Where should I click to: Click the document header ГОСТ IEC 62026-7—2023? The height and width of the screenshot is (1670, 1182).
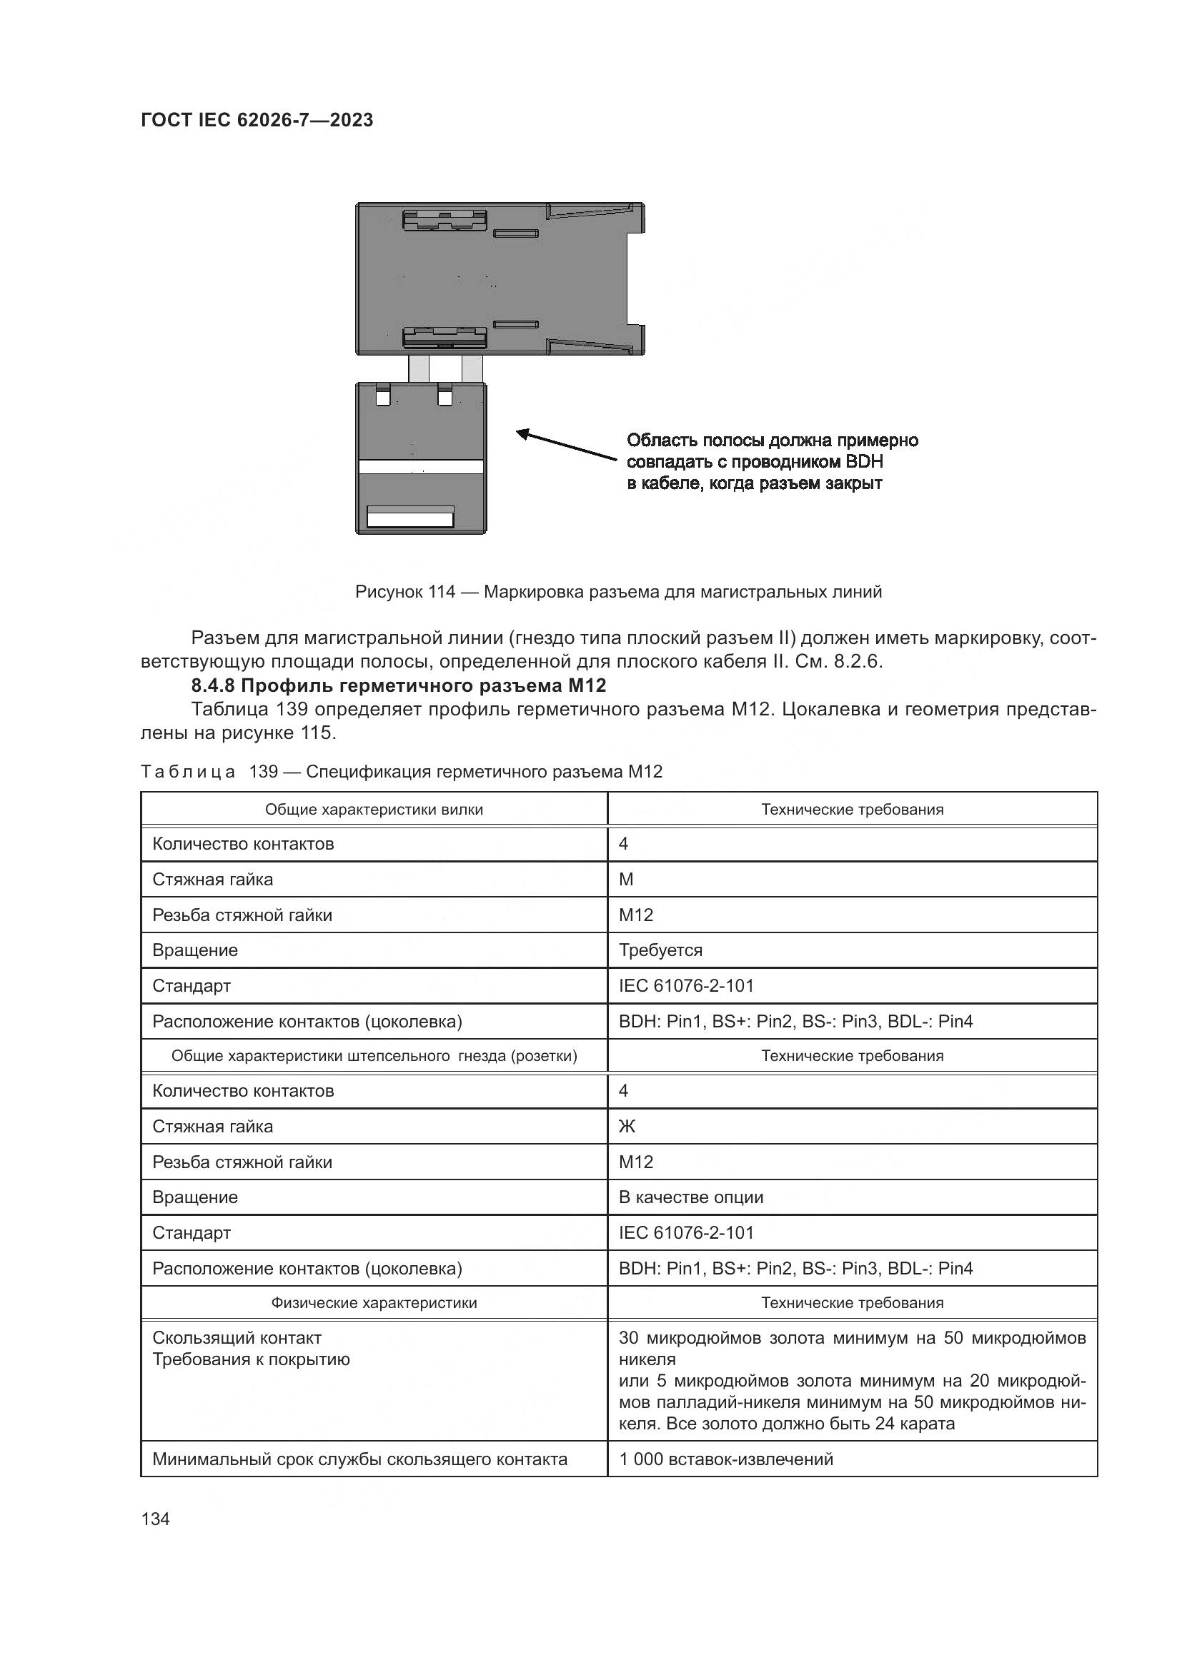(257, 120)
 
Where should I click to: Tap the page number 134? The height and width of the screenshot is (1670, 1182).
(155, 1519)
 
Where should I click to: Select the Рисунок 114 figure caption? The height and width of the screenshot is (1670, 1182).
(618, 592)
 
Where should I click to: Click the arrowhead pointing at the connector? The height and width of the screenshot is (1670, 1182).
(522, 434)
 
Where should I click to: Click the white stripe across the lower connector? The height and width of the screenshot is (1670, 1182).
(421, 467)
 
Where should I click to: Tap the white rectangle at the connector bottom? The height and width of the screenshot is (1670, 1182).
(410, 519)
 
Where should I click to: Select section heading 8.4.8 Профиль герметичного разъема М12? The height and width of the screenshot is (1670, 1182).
(398, 685)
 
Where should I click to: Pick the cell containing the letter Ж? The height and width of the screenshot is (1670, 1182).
(627, 1127)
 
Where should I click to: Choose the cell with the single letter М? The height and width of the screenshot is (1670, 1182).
(626, 880)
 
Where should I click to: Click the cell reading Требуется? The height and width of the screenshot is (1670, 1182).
(660, 950)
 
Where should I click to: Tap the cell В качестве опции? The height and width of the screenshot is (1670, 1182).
(691, 1197)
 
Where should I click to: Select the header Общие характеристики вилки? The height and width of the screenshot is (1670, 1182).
(373, 810)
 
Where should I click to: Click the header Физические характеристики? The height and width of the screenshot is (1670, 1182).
(373, 1303)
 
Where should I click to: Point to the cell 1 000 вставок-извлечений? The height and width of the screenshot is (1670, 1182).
(725, 1459)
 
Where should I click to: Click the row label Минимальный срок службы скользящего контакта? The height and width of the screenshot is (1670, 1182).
(359, 1459)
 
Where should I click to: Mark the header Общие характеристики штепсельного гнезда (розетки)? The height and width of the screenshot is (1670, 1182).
(373, 1056)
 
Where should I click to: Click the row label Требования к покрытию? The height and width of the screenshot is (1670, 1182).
(251, 1359)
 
